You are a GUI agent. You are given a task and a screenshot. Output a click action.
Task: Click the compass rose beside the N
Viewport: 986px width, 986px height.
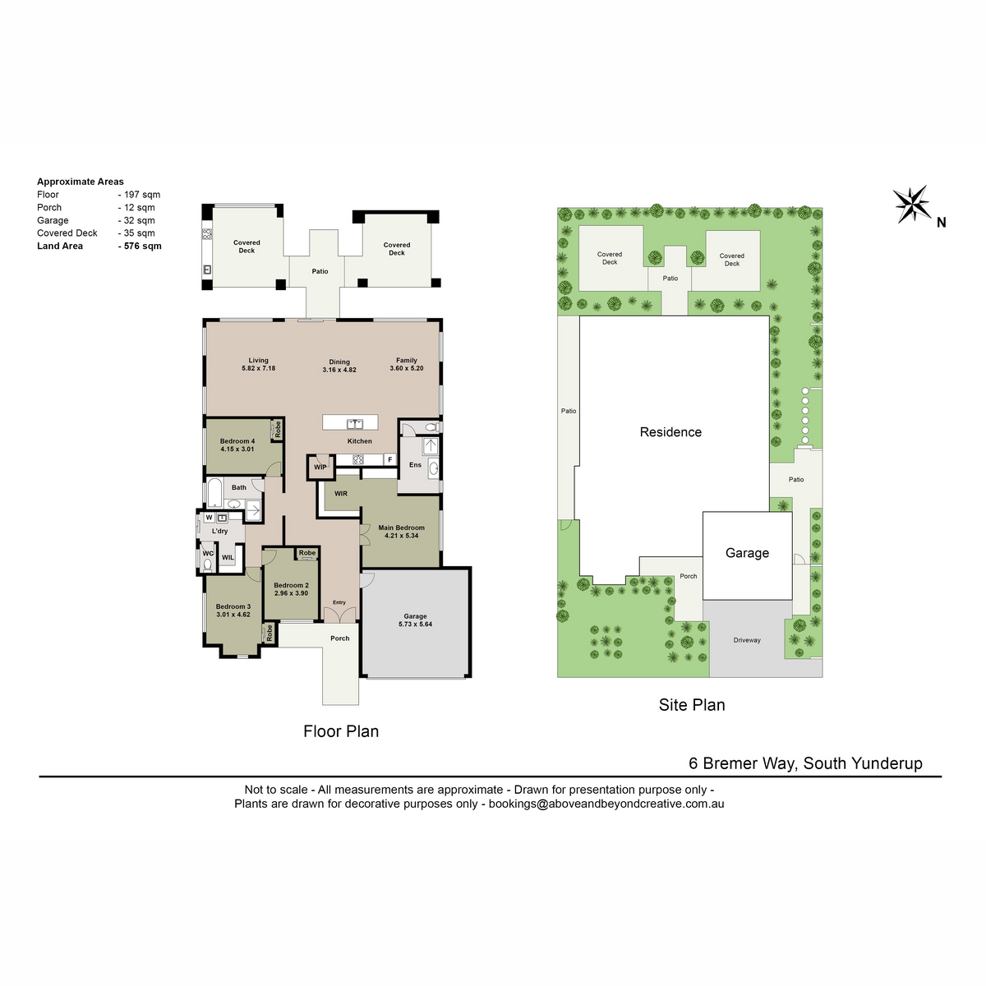coord(912,204)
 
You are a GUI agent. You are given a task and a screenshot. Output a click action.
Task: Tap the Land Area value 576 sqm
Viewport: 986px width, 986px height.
coord(142,246)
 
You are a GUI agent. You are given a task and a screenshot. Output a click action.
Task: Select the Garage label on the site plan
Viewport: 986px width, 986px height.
coord(747,553)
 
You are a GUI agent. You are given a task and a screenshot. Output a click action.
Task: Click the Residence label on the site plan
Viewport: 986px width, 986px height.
coord(670,432)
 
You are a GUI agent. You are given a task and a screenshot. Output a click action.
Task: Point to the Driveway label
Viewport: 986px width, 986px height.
coord(747,640)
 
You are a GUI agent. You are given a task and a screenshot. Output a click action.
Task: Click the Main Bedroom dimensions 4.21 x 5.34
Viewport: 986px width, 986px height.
coord(401,536)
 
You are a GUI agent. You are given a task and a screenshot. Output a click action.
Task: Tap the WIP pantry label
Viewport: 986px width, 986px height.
coord(320,468)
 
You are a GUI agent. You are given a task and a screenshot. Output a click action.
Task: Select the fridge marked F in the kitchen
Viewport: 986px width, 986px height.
coord(390,459)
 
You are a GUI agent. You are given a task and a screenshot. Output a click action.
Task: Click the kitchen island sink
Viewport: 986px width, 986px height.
coord(355,423)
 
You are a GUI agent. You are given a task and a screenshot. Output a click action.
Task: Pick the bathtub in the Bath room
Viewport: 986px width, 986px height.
coord(214,492)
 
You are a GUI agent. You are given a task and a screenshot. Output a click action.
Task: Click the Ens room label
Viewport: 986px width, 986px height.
coord(415,464)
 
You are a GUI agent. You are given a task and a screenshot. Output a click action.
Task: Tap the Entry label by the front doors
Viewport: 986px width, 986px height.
coord(339,602)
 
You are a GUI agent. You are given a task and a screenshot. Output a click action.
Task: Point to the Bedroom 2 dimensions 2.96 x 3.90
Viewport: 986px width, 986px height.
coord(291,593)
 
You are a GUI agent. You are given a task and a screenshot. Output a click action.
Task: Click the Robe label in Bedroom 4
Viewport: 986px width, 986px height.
coord(278,429)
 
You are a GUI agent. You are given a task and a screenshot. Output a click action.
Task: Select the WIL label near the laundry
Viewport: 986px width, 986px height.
coord(228,557)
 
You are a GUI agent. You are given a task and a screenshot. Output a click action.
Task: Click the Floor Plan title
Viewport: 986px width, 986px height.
coord(341,731)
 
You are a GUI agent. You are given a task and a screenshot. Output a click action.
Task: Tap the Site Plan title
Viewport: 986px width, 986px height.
coord(692,704)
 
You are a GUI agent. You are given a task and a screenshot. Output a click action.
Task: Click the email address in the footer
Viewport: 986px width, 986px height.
coord(606,804)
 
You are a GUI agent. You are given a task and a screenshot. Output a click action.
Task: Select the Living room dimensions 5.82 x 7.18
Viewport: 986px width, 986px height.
coord(258,368)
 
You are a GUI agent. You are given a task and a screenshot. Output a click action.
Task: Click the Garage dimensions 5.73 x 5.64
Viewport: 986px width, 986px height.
coord(415,624)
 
